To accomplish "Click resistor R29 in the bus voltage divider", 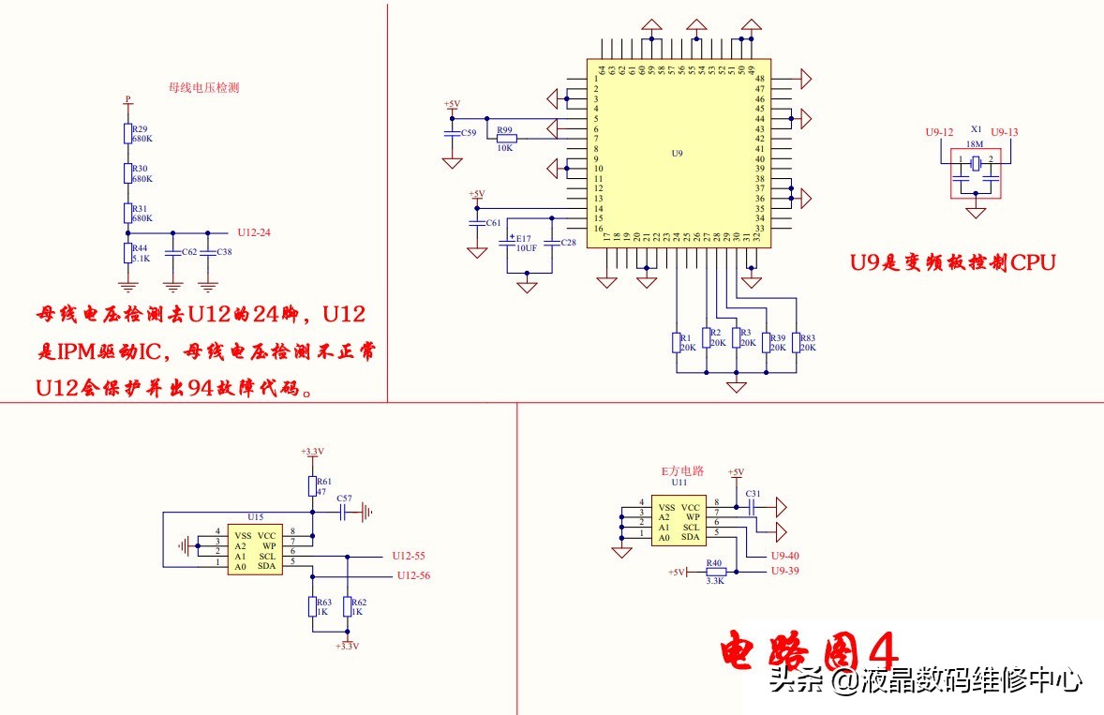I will point(127,133).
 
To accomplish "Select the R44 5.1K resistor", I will point(127,253).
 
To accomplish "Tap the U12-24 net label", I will point(254,231).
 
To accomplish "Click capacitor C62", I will point(172,253).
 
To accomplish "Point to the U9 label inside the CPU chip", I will point(678,153).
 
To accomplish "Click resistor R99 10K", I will point(506,139).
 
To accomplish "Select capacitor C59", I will point(453,134).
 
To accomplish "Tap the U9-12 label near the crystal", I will point(938,132).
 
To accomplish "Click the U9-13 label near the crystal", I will point(1004,132).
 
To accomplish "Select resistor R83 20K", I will point(796,342).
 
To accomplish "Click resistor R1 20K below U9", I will point(676,342).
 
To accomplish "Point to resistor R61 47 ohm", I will point(313,484).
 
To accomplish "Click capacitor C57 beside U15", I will point(344,512).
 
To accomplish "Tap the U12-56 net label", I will point(413,575).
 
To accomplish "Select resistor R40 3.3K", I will point(716,572).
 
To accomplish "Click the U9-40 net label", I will point(784,556).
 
